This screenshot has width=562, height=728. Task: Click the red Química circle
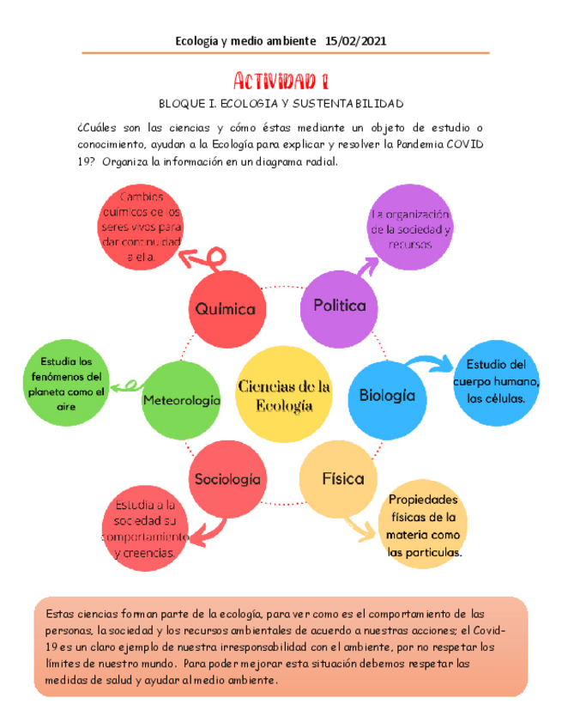(227, 308)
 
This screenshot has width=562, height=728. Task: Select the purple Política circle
(339, 306)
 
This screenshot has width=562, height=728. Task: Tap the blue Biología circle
(386, 396)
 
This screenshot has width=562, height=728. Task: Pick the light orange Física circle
(341, 479)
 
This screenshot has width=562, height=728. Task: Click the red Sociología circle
(227, 479)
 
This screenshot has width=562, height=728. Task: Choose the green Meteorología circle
(181, 400)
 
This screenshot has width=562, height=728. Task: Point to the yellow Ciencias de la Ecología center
(284, 397)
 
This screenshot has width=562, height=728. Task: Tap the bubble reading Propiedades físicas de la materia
(423, 525)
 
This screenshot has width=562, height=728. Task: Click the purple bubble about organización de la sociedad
(410, 229)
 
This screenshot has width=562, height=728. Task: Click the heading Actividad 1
(281, 82)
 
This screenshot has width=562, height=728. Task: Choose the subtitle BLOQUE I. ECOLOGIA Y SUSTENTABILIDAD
(281, 104)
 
